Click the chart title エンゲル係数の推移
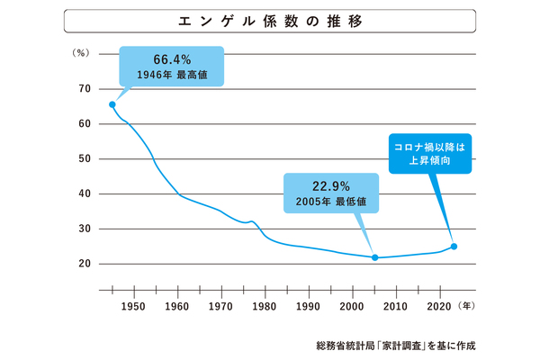point(269,21)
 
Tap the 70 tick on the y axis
point(85,88)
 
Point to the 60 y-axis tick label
point(85,123)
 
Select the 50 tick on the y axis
point(85,158)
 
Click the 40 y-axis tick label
point(85,193)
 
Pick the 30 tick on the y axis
point(85,229)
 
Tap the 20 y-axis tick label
point(85,264)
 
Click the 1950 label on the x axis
point(134,305)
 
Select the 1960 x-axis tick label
point(178,305)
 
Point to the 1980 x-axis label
point(265,305)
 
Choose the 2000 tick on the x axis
point(353,305)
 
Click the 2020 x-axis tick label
point(440,305)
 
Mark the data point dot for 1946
point(112,104)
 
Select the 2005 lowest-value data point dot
point(374,258)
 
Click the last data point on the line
point(454,247)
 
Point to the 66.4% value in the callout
point(172,59)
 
